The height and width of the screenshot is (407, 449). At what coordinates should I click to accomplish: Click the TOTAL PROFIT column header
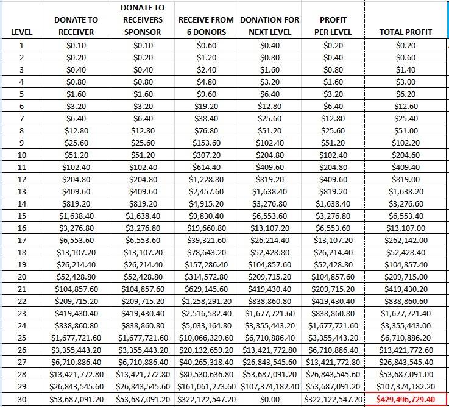405,32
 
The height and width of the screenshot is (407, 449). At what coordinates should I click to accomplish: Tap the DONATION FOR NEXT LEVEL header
269,26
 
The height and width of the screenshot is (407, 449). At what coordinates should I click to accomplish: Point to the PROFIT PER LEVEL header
333,26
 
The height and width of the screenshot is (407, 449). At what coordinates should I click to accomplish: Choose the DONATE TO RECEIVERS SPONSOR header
143,19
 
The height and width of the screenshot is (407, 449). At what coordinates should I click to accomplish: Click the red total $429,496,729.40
406,398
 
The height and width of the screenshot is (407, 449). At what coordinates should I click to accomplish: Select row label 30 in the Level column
22,398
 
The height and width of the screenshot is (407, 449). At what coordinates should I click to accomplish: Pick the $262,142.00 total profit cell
406,240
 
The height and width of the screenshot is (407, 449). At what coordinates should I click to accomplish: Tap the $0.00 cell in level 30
269,398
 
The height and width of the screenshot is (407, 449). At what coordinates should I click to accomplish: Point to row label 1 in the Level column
22,45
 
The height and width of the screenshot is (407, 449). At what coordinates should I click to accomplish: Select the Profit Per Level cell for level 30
333,398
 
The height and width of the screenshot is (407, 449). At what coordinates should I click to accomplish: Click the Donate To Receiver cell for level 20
76,277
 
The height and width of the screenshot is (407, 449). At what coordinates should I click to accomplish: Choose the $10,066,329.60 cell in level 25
206,338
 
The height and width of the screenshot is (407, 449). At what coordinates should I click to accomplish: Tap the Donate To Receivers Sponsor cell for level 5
143,94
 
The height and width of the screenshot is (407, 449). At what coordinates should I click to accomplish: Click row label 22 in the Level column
22,301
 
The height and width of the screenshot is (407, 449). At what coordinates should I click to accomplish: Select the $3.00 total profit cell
406,82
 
